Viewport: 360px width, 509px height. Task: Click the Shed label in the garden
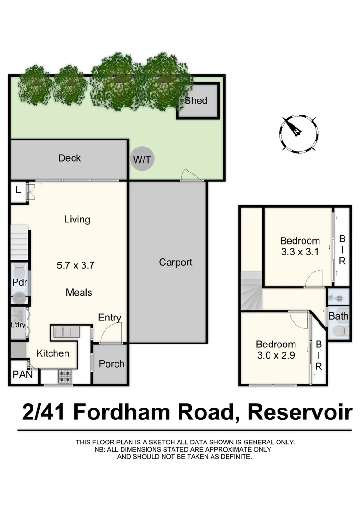point(196,100)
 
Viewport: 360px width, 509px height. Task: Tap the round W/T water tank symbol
point(142,160)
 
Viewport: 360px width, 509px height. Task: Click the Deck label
point(69,158)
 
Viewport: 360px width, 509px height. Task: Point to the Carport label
point(175,262)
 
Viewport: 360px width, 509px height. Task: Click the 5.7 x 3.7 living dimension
point(75,265)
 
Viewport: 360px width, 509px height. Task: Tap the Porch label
point(112,363)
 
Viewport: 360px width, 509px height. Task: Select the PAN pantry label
point(22,375)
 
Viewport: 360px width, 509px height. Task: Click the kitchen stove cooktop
point(65,376)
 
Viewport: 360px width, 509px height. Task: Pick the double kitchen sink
point(66,332)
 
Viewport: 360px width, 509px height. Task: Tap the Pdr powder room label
point(19,283)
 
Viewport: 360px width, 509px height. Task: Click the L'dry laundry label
point(18,325)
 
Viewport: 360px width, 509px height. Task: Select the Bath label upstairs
point(338,316)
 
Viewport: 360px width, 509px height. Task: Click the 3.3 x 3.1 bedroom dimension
point(300,252)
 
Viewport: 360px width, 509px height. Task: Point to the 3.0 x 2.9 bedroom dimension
point(276,355)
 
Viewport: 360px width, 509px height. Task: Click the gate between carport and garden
point(192,176)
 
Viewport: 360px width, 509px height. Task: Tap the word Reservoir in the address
point(300,412)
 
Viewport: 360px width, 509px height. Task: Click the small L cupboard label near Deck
point(18,190)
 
